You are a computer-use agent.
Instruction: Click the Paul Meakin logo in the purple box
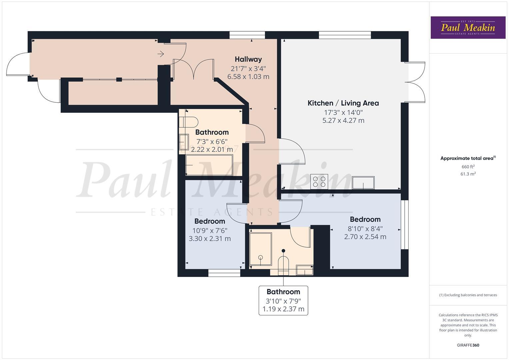pyautogui.click(x=468, y=27)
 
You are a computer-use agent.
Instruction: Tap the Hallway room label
pyautogui.click(x=248, y=59)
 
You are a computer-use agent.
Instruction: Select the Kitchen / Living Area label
pyautogui.click(x=343, y=103)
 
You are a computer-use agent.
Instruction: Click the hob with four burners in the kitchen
pyautogui.click(x=319, y=182)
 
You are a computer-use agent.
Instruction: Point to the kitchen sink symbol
pyautogui.click(x=363, y=182)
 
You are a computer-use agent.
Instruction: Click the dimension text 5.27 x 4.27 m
pyautogui.click(x=343, y=121)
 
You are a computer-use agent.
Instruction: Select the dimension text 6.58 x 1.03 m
pyautogui.click(x=248, y=77)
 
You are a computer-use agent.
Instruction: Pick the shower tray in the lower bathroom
pyautogui.click(x=260, y=249)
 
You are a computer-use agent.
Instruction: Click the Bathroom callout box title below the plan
pyautogui.click(x=283, y=292)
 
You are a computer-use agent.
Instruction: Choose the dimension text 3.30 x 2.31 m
pyautogui.click(x=210, y=239)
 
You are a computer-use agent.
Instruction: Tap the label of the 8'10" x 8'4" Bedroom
pyautogui.click(x=365, y=219)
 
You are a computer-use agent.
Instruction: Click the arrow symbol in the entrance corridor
pyautogui.click(x=161, y=54)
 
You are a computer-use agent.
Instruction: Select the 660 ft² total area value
pyautogui.click(x=468, y=167)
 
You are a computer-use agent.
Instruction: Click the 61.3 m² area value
pyautogui.click(x=468, y=174)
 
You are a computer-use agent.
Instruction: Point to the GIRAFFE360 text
pyautogui.click(x=468, y=345)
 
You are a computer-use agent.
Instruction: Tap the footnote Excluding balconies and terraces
pyautogui.click(x=468, y=295)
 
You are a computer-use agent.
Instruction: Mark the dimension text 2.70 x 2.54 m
pyautogui.click(x=365, y=237)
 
